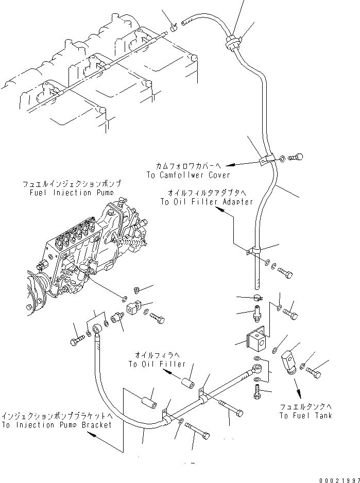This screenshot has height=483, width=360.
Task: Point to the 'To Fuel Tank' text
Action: [306, 415]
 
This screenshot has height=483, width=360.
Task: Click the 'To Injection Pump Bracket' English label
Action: [56, 425]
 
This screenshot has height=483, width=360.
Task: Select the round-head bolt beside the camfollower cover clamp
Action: [297, 158]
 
